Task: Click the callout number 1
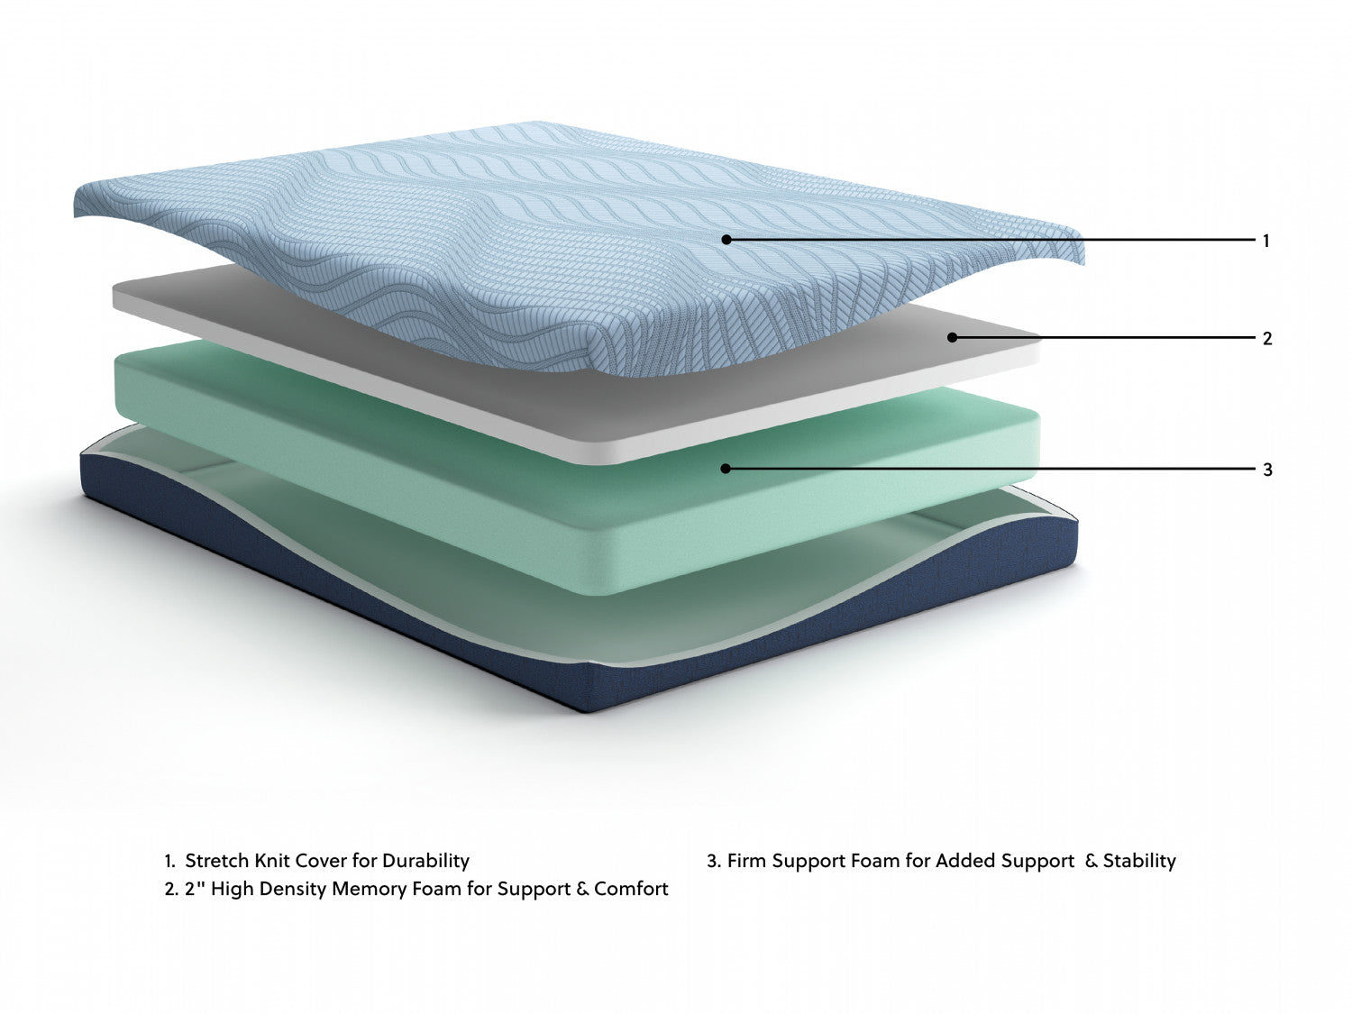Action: [x=1265, y=241]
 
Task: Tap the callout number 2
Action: [x=1266, y=338]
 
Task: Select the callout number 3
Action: [x=1267, y=469]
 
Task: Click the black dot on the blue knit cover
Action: [x=726, y=240]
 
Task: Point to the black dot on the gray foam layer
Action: [x=952, y=337]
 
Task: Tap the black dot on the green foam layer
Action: [x=725, y=469]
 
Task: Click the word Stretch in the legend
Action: [x=217, y=860]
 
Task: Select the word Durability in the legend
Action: [x=425, y=861]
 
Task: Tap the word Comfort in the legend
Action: [x=631, y=889]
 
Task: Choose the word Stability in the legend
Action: [x=1139, y=861]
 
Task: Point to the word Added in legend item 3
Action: [x=965, y=860]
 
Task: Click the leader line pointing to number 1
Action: [x=991, y=240]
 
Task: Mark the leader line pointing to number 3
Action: [x=991, y=469]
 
